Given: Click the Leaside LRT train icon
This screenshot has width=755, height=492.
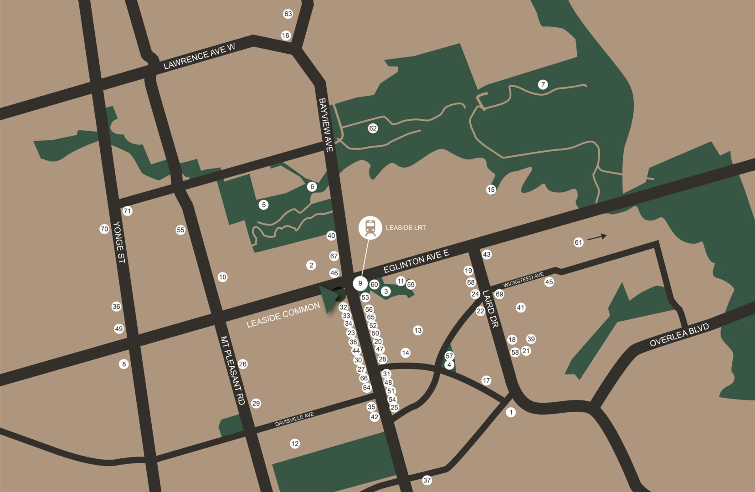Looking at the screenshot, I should (370, 227).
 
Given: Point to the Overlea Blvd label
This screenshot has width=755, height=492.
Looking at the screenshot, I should (679, 335).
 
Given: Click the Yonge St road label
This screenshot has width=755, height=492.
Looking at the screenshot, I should (119, 242).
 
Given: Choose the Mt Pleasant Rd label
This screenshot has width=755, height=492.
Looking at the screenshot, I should (232, 370).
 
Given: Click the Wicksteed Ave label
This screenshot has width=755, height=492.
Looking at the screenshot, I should (523, 280).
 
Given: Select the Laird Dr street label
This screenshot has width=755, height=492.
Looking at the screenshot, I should (491, 309).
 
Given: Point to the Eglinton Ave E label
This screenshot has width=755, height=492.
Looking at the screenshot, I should (416, 261).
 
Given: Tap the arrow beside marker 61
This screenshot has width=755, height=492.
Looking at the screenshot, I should (597, 237).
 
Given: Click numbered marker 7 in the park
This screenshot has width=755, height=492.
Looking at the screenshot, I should (543, 84).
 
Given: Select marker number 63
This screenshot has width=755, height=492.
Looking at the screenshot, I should (288, 14).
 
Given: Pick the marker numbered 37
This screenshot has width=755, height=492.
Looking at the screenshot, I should (427, 480).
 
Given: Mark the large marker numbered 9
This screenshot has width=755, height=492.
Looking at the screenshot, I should (360, 283).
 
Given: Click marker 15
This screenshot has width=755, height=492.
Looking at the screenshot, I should (491, 190).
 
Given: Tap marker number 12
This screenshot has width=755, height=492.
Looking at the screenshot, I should (295, 443).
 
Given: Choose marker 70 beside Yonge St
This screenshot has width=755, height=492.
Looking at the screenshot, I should (104, 229).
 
